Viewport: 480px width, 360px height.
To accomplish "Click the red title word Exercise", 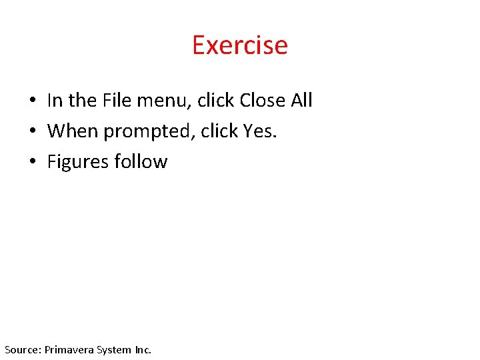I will [240, 45].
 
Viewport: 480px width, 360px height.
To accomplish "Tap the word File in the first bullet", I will [117, 100].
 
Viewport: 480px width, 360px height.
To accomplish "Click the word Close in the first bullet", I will [262, 100].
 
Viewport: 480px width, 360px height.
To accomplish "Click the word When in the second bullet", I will [73, 131].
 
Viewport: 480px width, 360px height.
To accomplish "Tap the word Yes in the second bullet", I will [259, 131].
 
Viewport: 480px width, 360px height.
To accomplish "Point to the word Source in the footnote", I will [22, 349].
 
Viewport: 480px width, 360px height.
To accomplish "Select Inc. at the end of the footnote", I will [143, 349].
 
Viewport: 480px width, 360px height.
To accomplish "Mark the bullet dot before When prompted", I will [32, 132].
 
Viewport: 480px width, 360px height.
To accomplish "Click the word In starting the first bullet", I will [55, 100].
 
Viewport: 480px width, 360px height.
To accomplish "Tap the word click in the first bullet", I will [215, 100].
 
